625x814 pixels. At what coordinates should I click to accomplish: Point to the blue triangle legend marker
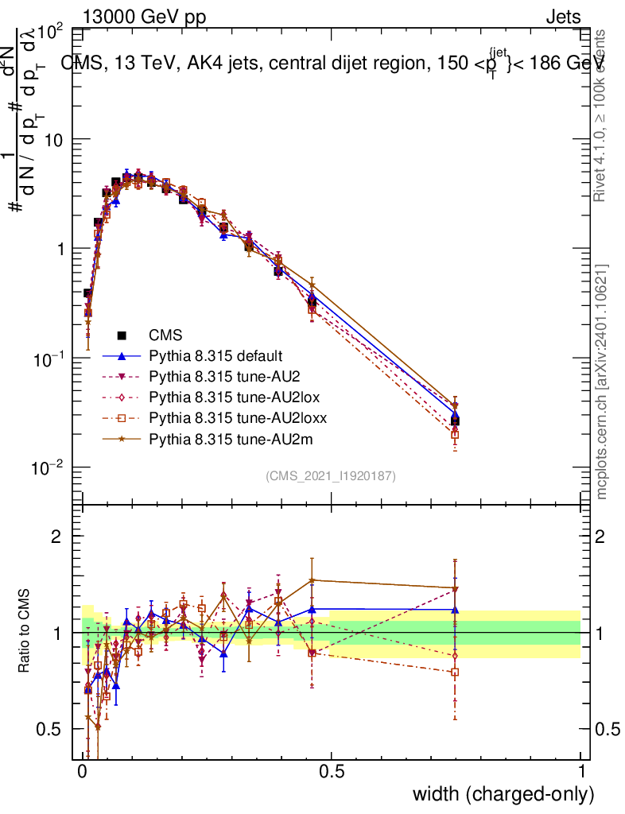coord(122,355)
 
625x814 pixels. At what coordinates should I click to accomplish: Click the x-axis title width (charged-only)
coord(503,794)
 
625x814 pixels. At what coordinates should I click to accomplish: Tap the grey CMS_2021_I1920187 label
coord(331,475)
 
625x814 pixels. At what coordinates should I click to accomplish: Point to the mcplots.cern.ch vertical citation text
coord(602,382)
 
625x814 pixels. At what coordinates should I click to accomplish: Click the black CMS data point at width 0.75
coord(455,421)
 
